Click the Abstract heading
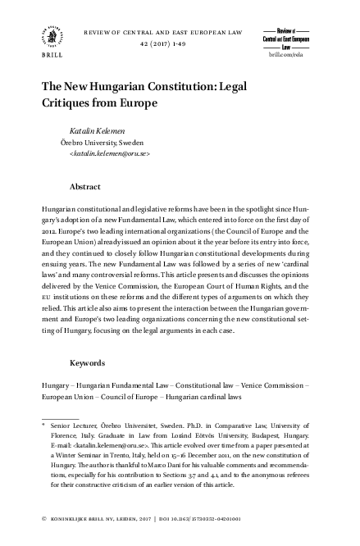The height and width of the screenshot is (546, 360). (x=85, y=187)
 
